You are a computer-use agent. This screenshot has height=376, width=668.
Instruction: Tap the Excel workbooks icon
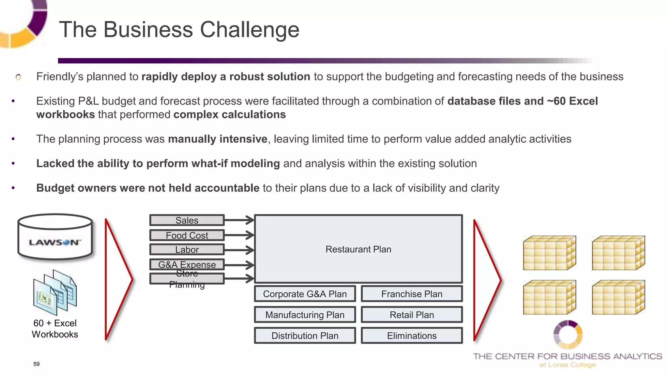click(x=55, y=292)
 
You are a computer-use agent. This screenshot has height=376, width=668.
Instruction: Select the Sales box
click(x=187, y=220)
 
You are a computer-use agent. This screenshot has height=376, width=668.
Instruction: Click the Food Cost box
click(x=187, y=235)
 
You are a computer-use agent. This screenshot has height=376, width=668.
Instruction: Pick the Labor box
click(x=187, y=250)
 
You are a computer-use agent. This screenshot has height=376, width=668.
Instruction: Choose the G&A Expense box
click(x=187, y=264)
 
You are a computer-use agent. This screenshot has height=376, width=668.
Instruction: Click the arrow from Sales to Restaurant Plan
click(x=239, y=220)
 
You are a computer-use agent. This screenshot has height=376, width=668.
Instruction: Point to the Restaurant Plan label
click(x=358, y=249)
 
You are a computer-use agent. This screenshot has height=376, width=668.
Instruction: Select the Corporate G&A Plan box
click(x=305, y=294)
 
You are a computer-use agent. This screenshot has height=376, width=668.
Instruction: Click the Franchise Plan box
click(x=412, y=294)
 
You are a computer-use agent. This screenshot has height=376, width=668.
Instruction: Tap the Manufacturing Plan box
click(x=305, y=315)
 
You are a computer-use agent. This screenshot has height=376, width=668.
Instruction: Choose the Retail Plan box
click(x=412, y=315)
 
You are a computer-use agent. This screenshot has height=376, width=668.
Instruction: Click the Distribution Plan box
click(x=305, y=336)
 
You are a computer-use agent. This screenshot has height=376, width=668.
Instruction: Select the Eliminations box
click(x=412, y=336)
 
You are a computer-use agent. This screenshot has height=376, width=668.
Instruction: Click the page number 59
click(x=37, y=364)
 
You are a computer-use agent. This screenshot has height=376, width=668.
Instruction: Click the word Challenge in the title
click(x=249, y=30)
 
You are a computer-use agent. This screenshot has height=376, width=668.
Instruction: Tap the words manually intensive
click(x=218, y=139)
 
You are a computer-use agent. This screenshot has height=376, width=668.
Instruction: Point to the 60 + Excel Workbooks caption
click(x=55, y=329)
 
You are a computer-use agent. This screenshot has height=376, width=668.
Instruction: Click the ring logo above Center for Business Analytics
click(x=568, y=335)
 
